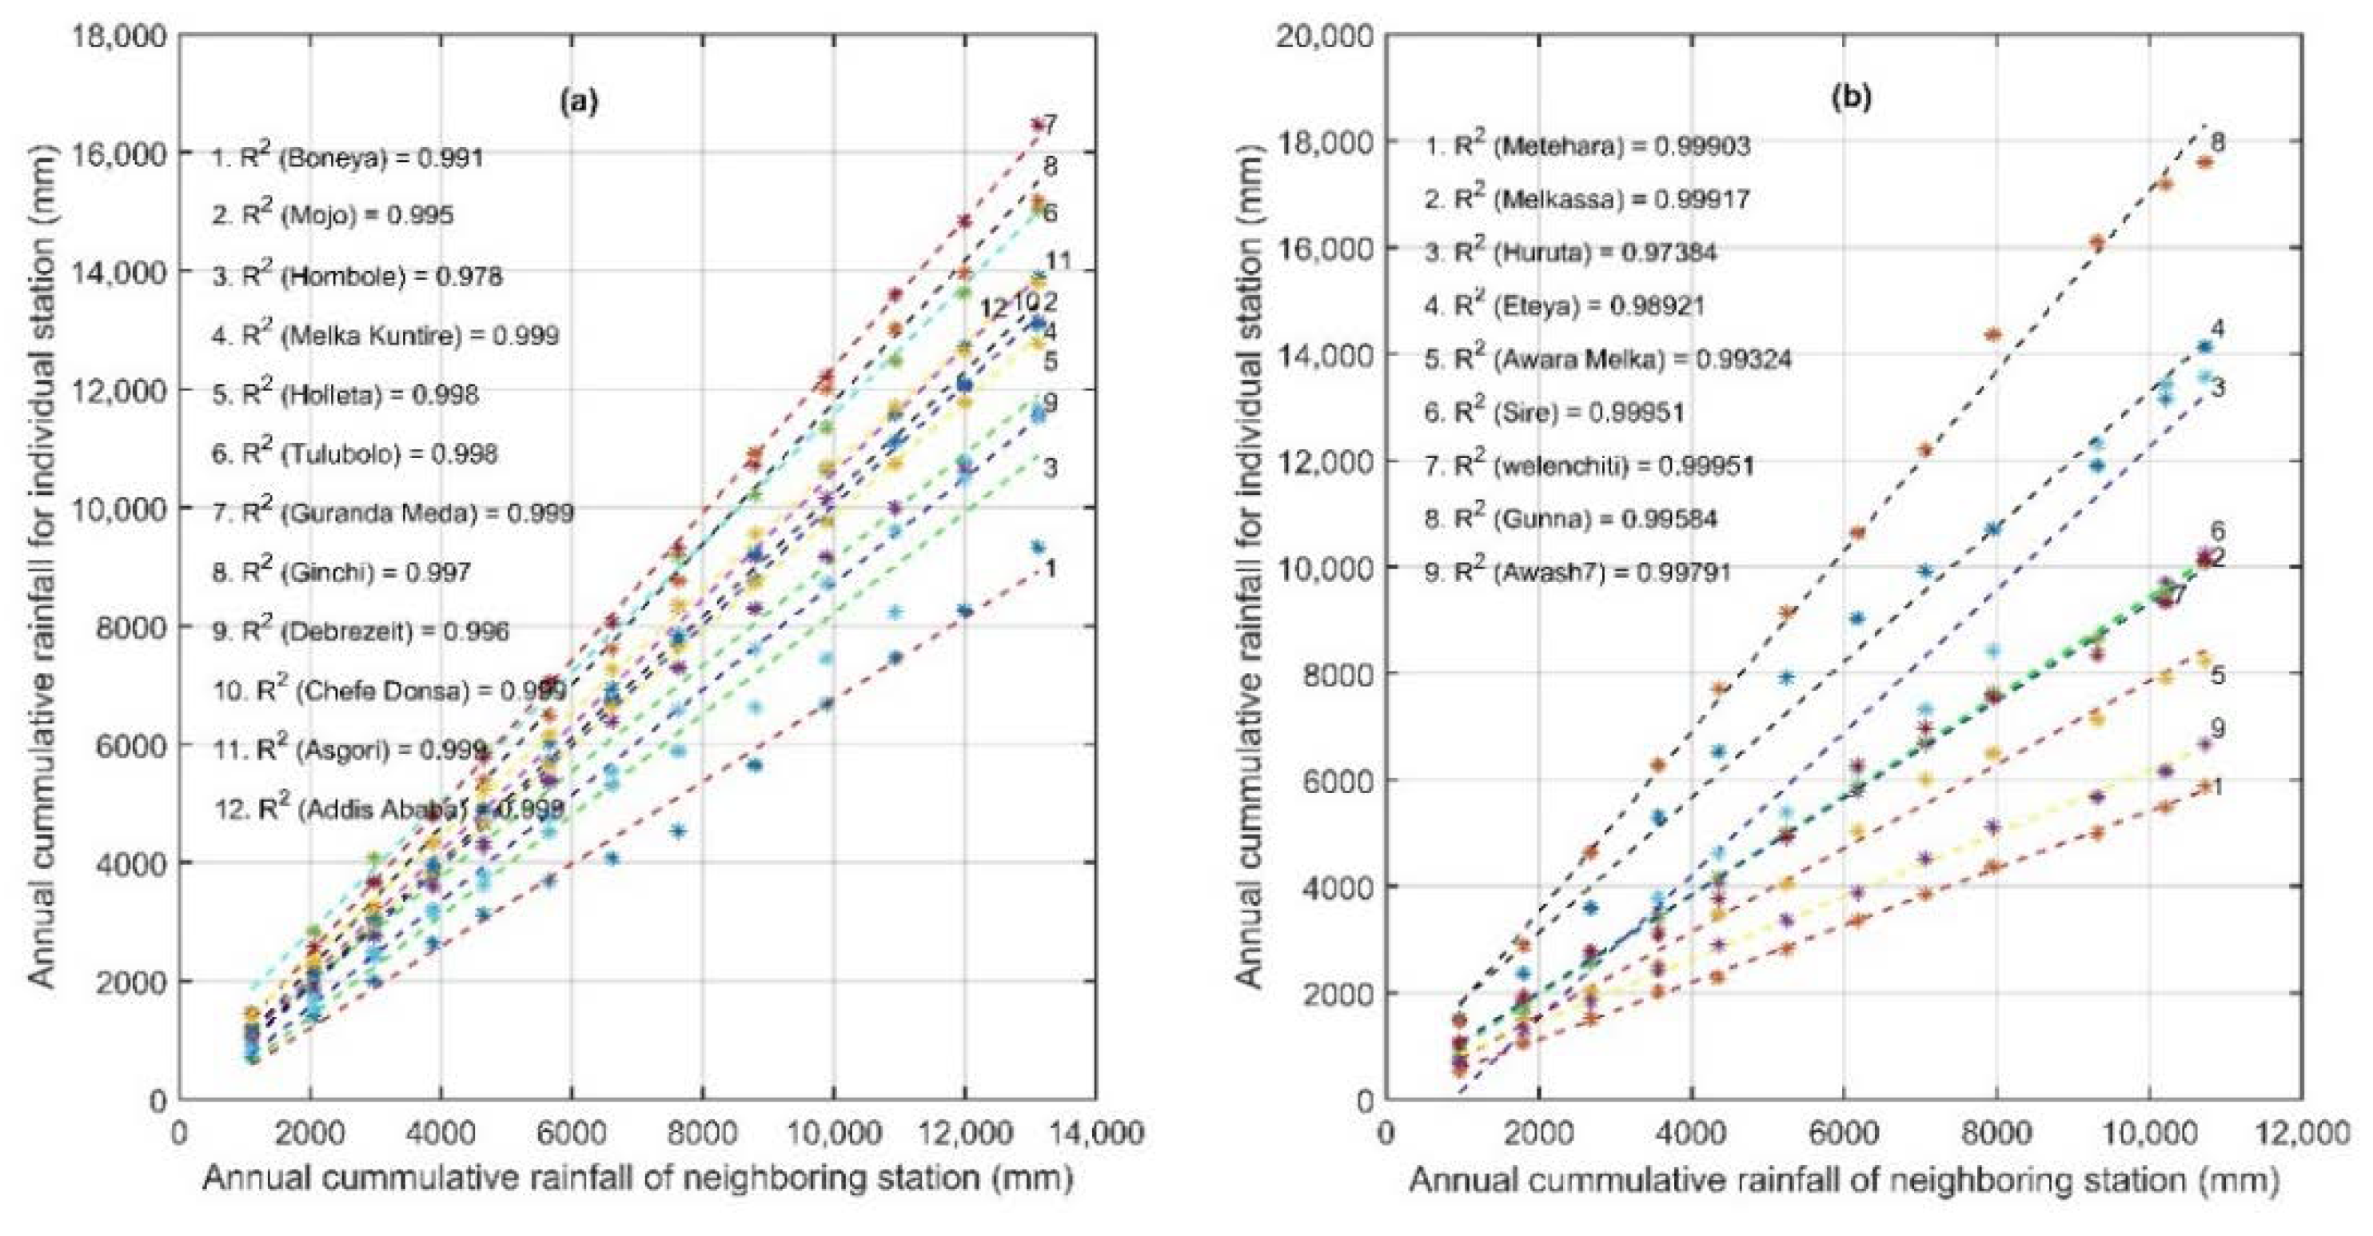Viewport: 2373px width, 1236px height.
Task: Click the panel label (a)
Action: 580,102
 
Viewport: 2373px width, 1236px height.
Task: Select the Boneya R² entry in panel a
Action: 347,157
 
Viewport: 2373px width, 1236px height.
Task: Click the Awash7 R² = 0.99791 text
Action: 1578,572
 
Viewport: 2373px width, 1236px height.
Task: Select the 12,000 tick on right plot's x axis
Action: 2303,1134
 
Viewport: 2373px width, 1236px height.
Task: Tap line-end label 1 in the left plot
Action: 1049,568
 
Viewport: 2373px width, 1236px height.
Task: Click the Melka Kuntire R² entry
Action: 385,334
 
